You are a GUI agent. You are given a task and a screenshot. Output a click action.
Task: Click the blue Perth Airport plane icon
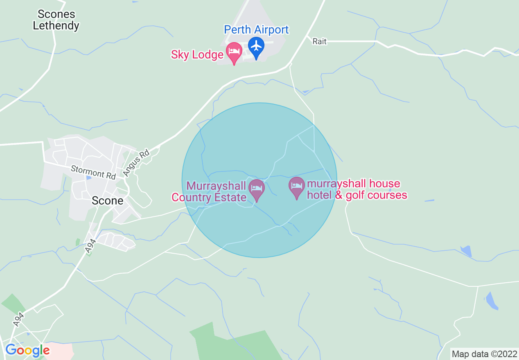[x=256, y=46]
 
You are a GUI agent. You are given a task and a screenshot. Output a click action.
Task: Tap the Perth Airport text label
[x=256, y=30]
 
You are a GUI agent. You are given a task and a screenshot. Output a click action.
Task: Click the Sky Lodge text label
[x=197, y=54]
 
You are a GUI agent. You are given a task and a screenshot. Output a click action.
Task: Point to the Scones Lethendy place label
[x=56, y=20]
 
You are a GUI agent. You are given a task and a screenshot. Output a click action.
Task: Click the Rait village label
[x=319, y=42]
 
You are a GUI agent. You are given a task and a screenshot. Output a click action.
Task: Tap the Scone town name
[x=107, y=201]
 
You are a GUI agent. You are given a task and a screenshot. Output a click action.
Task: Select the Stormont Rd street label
[x=93, y=172]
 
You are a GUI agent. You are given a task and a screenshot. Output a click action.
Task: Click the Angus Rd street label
[x=137, y=163]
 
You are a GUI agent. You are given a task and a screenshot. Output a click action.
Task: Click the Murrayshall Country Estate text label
[x=209, y=192]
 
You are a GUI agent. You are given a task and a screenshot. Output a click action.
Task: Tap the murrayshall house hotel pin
[x=297, y=187]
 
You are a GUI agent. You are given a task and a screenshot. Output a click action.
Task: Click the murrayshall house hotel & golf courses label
[x=357, y=189]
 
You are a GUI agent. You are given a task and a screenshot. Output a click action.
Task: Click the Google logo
[x=27, y=351]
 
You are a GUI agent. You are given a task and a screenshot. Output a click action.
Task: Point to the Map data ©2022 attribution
[x=484, y=354]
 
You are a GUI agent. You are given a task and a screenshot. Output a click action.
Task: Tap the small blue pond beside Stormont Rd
[x=89, y=178]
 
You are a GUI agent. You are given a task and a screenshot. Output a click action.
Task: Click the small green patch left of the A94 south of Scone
[x=78, y=242]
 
